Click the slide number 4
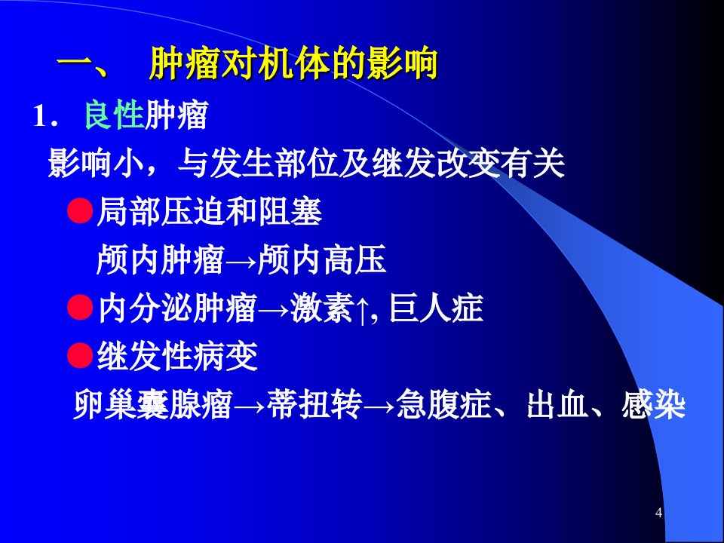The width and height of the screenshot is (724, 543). (659, 513)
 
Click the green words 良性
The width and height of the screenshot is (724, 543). (114, 115)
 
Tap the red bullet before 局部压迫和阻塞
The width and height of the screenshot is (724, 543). (81, 211)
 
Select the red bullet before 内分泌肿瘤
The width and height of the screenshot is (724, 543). (81, 308)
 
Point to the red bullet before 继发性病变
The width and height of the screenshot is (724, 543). (81, 355)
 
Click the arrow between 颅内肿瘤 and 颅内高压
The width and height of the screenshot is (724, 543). (241, 262)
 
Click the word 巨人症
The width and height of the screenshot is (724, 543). (436, 308)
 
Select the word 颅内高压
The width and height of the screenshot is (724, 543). (321, 259)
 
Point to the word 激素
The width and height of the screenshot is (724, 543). (322, 308)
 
